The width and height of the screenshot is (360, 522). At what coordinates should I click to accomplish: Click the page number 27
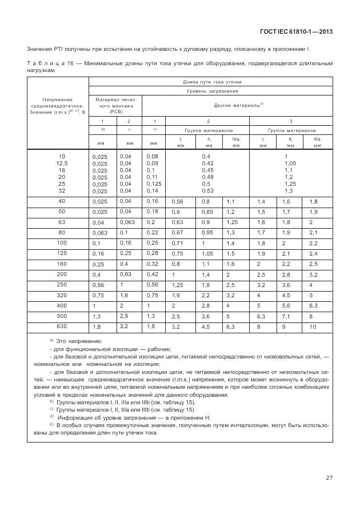point(330,477)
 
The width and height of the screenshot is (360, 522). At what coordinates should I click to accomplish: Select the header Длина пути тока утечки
point(210,82)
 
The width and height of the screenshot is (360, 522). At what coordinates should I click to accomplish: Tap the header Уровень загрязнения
point(210,91)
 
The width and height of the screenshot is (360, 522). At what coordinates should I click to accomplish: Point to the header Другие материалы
point(238,105)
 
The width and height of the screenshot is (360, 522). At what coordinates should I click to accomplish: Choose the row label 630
point(62,326)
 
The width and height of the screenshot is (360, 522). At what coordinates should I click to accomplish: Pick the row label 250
point(62,284)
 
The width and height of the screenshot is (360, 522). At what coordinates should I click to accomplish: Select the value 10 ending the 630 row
point(313,326)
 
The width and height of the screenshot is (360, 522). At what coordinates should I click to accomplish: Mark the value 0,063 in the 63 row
point(126,222)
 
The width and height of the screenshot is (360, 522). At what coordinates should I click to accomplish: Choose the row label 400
point(62,305)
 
